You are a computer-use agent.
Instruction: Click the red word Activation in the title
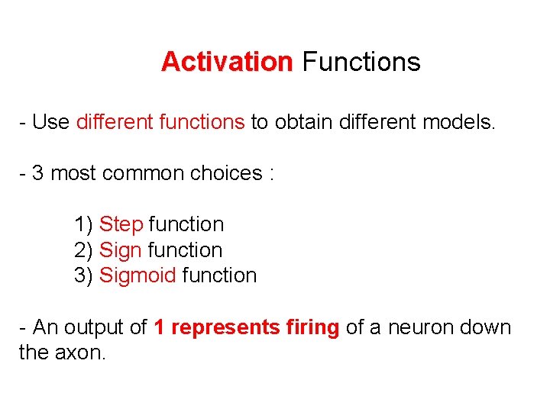pos(227,62)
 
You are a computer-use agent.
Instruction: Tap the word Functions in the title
pos(361,62)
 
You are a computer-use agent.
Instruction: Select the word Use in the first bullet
pos(51,122)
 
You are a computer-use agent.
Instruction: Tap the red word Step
pos(121,224)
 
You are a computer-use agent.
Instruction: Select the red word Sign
pos(121,250)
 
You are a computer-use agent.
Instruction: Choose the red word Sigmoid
pos(137,275)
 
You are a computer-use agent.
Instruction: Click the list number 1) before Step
pos(84,224)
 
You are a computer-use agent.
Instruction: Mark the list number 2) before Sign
pos(84,250)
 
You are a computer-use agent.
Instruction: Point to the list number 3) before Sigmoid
pos(84,275)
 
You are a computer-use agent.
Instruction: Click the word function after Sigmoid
pos(219,275)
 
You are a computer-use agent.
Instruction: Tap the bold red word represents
pos(227,328)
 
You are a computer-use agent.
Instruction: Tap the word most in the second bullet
pos(73,173)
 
